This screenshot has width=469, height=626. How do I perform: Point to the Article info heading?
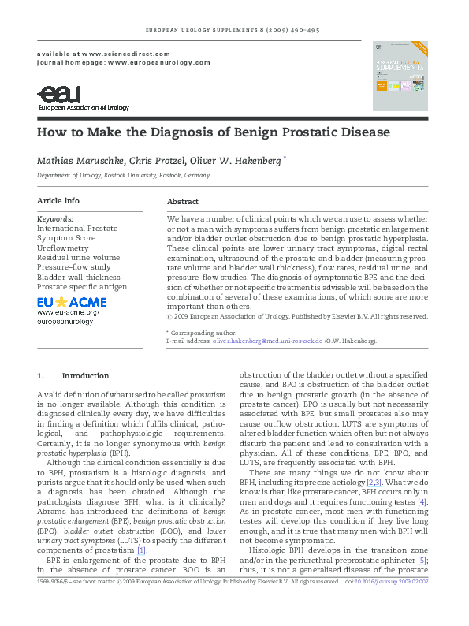[x=58, y=201]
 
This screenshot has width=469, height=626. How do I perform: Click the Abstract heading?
[x=183, y=202]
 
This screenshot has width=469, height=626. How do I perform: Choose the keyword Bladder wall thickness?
[x=78, y=277]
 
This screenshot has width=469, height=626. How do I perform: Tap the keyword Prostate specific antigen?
[x=83, y=286]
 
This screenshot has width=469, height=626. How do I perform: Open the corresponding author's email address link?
[x=268, y=341]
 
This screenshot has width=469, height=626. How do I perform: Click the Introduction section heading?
[x=85, y=375]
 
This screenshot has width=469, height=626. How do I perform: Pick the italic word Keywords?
[x=55, y=218]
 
